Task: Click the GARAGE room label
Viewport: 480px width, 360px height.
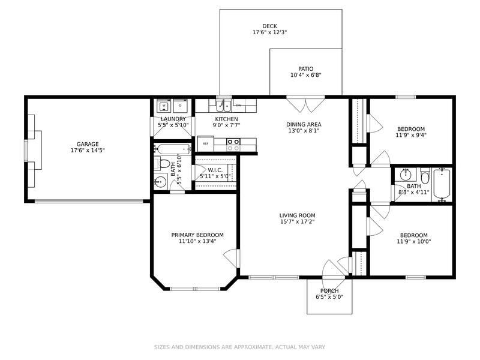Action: pos(88,144)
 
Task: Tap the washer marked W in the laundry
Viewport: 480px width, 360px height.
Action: pos(164,106)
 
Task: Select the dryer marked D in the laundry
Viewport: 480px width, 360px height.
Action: pos(181,106)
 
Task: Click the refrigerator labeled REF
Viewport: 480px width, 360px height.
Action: pos(205,143)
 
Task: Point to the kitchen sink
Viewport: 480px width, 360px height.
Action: pos(224,106)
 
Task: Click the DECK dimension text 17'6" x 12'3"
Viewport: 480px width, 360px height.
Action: pos(269,32)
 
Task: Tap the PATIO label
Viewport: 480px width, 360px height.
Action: pos(306,69)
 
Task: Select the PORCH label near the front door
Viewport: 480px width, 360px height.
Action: pos(329,291)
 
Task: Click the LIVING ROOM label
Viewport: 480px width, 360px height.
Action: pos(297,215)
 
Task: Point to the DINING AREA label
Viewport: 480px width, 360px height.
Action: pos(304,125)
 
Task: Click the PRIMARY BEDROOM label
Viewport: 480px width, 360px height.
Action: pos(197,235)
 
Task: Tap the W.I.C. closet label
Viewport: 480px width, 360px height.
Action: pos(215,170)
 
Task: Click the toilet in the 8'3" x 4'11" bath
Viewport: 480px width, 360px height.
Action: pos(425,175)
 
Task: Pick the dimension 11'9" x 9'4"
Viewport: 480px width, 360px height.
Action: pos(411,135)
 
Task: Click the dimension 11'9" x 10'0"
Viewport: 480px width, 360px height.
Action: pos(414,241)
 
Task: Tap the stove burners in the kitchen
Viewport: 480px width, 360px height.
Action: pos(233,145)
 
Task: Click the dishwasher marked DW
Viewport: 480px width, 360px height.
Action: pos(239,106)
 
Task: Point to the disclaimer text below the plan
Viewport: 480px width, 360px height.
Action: pos(239,347)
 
